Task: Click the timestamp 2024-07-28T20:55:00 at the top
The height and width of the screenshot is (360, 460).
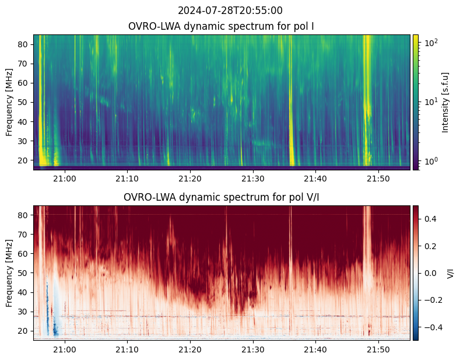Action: [x=230, y=11]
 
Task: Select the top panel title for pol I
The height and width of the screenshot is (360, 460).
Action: [x=222, y=26]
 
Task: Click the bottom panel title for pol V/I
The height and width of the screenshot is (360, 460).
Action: [x=222, y=197]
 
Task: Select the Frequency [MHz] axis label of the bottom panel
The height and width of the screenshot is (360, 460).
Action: [x=10, y=273]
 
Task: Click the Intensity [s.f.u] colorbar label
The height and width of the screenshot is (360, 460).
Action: [x=446, y=102]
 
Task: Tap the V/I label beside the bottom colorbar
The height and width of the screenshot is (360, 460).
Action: [x=450, y=273]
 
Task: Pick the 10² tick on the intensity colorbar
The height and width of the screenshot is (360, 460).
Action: [x=430, y=43]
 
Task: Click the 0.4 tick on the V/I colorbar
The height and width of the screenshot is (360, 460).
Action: [x=430, y=218]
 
